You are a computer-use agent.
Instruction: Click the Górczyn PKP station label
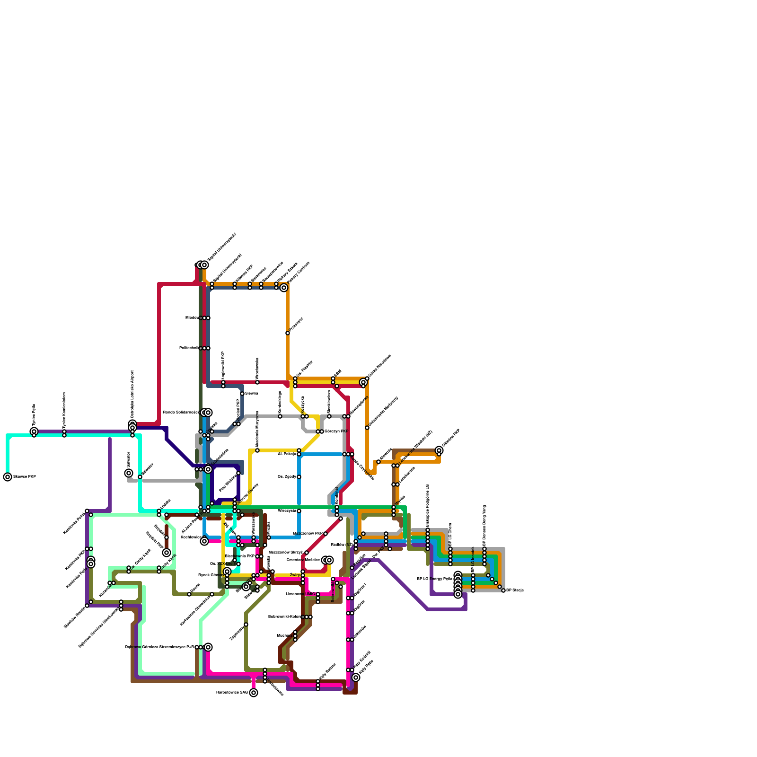coord(336,431)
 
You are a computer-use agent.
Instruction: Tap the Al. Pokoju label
coord(287,454)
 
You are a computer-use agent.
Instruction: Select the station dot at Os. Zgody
coord(299,477)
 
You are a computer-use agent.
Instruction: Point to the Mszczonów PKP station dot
coord(326,534)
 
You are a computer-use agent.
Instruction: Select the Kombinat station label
coord(337,495)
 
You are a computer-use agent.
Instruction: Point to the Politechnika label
coord(189,348)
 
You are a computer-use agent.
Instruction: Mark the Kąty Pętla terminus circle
coord(356,678)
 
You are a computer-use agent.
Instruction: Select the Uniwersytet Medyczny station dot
coord(367,428)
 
